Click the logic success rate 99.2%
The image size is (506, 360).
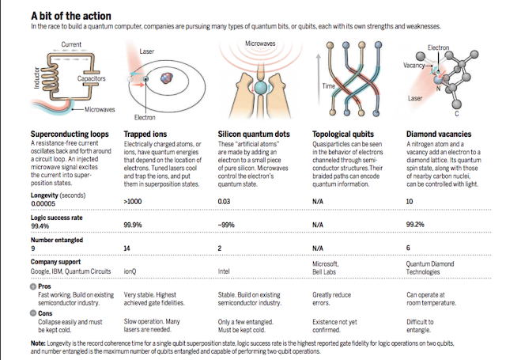[x=415, y=225]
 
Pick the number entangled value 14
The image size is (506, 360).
[x=129, y=248]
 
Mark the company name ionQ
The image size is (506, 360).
[x=131, y=271]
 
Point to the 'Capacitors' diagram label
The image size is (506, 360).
[x=93, y=79]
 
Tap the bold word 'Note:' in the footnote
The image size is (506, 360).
[x=39, y=342]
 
